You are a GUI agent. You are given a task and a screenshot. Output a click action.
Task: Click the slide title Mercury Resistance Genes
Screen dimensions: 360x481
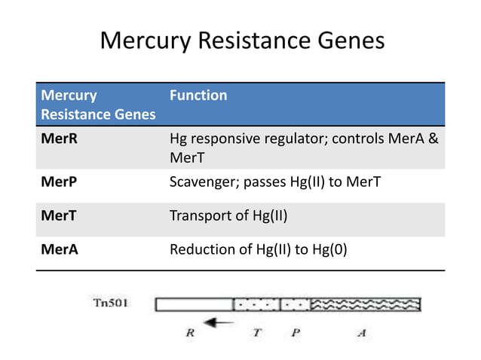[241, 41]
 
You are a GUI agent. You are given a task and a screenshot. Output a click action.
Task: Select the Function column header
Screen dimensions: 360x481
[198, 96]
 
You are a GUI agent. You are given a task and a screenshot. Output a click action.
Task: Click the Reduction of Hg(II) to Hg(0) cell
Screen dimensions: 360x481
[259, 250]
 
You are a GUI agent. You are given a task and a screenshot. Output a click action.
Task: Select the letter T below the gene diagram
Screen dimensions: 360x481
[257, 331]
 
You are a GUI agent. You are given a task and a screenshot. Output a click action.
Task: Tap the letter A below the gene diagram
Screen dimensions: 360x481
[361, 331]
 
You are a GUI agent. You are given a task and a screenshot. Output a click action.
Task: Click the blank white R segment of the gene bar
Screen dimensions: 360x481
[195, 305]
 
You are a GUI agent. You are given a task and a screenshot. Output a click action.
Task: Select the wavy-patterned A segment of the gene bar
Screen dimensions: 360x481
[365, 305]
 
